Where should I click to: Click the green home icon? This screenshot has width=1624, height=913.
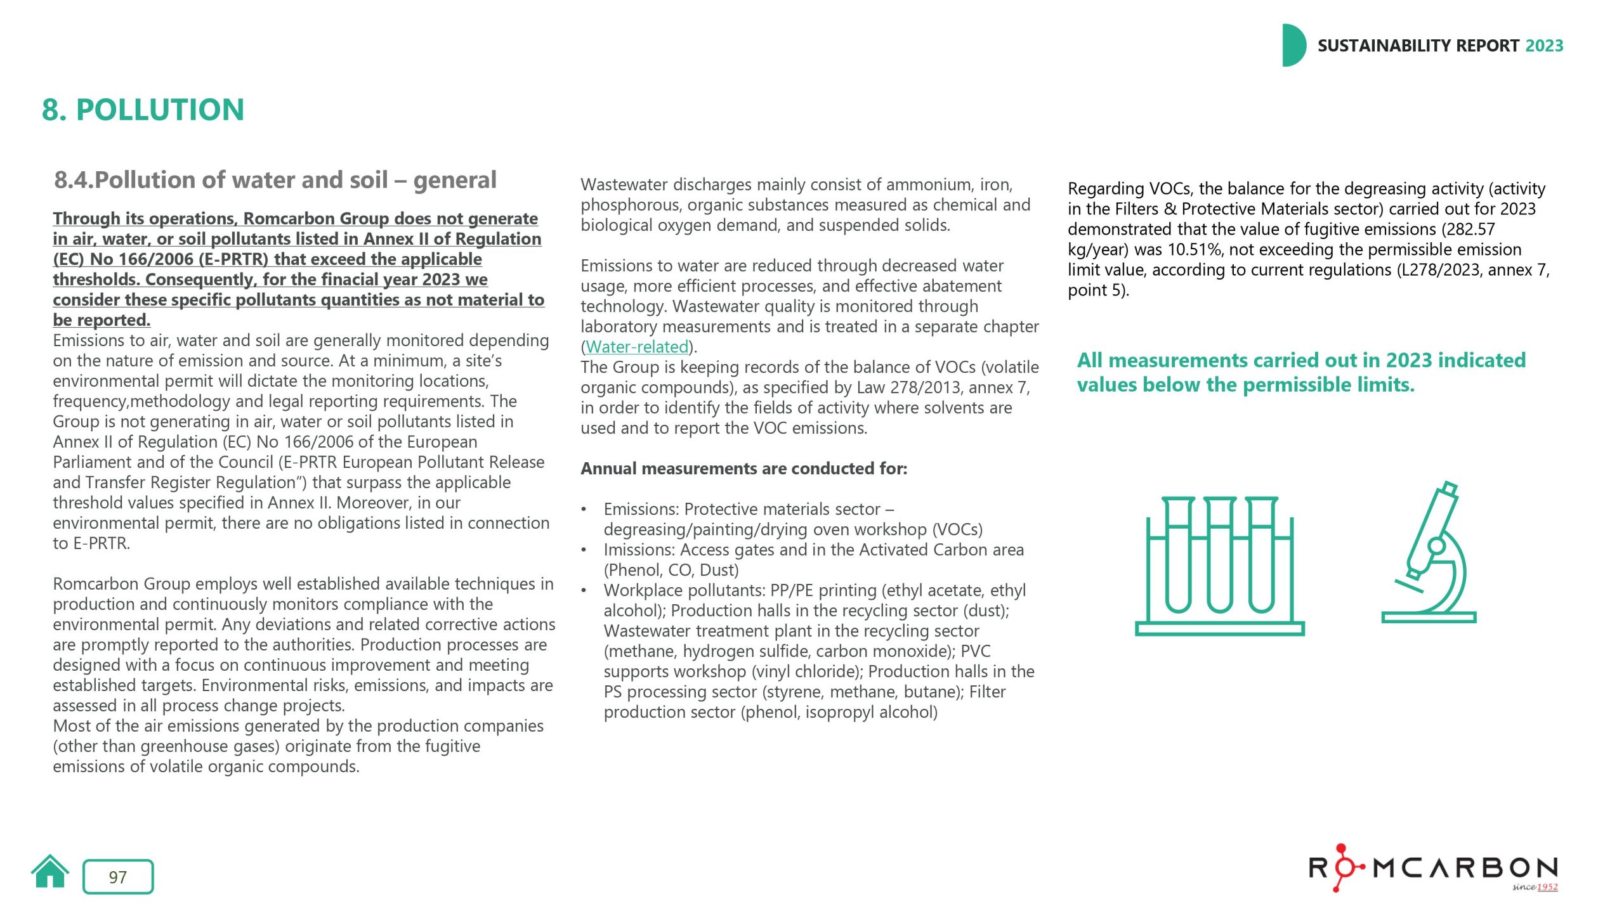(x=49, y=872)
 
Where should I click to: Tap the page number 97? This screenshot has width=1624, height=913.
(x=118, y=877)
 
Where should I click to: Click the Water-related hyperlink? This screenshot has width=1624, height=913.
(x=636, y=347)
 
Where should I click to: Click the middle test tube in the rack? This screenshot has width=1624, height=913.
(x=1219, y=555)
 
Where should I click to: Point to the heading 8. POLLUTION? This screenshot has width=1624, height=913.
(x=143, y=110)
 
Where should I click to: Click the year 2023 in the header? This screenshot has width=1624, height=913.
(x=1544, y=46)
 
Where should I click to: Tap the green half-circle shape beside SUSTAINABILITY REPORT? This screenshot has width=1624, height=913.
(x=1293, y=46)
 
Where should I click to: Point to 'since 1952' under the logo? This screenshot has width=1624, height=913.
(x=1535, y=887)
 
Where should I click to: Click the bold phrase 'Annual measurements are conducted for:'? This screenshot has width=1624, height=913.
(x=743, y=469)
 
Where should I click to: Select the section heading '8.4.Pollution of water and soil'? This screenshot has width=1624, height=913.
(x=275, y=180)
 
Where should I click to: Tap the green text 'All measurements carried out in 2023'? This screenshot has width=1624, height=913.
(x=1300, y=360)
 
